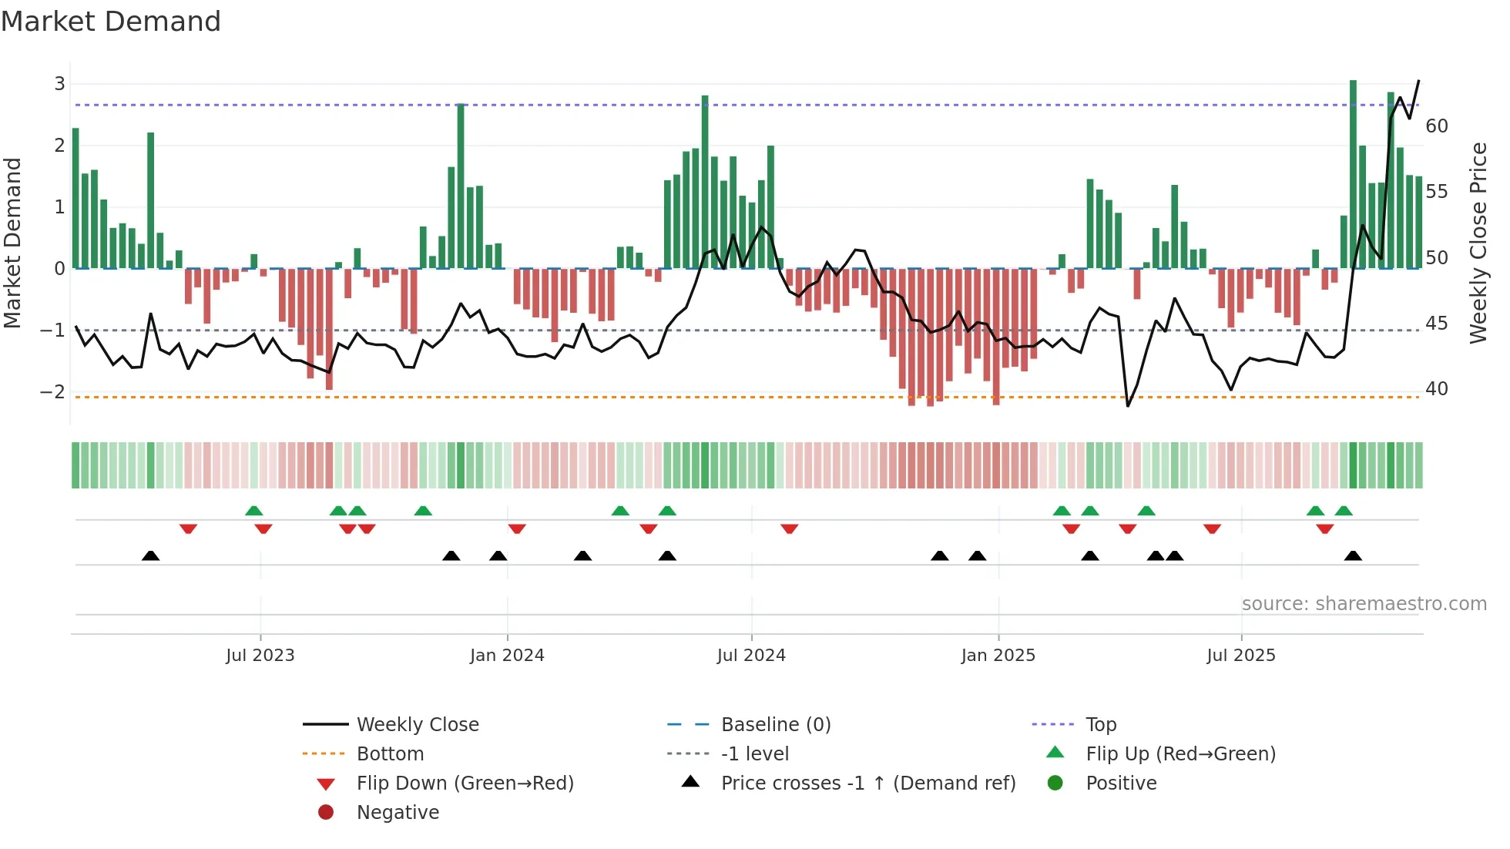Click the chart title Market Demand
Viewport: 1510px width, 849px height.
click(x=111, y=22)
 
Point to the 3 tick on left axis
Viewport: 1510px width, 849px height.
click(x=59, y=84)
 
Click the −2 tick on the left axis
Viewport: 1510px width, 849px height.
click(x=53, y=391)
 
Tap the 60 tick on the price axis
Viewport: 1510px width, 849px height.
click(x=1436, y=126)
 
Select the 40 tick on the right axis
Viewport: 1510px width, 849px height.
click(x=1436, y=389)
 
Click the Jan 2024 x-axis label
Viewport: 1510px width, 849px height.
click(x=507, y=656)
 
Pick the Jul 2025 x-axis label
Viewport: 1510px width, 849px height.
click(x=1240, y=656)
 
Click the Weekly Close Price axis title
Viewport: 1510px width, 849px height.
click(x=1478, y=243)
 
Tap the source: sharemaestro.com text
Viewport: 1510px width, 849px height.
click(x=1364, y=604)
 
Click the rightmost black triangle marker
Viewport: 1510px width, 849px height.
click(x=1353, y=556)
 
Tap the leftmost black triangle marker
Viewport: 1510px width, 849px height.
click(x=151, y=556)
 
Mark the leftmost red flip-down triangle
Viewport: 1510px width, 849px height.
click(x=188, y=529)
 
